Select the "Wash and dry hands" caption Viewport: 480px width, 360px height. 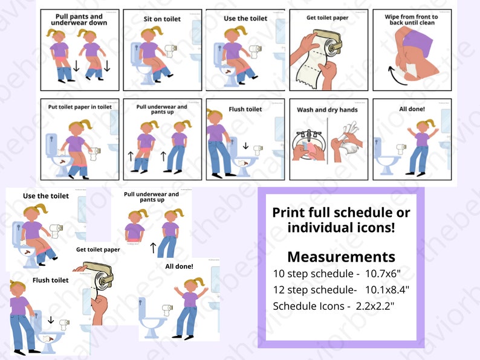[x=327, y=110]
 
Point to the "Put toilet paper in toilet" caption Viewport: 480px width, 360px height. [x=80, y=107]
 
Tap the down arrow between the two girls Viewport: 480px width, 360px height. [x=76, y=65]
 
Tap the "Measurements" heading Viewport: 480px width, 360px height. [x=341, y=257]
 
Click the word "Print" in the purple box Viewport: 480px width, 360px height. [x=288, y=213]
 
